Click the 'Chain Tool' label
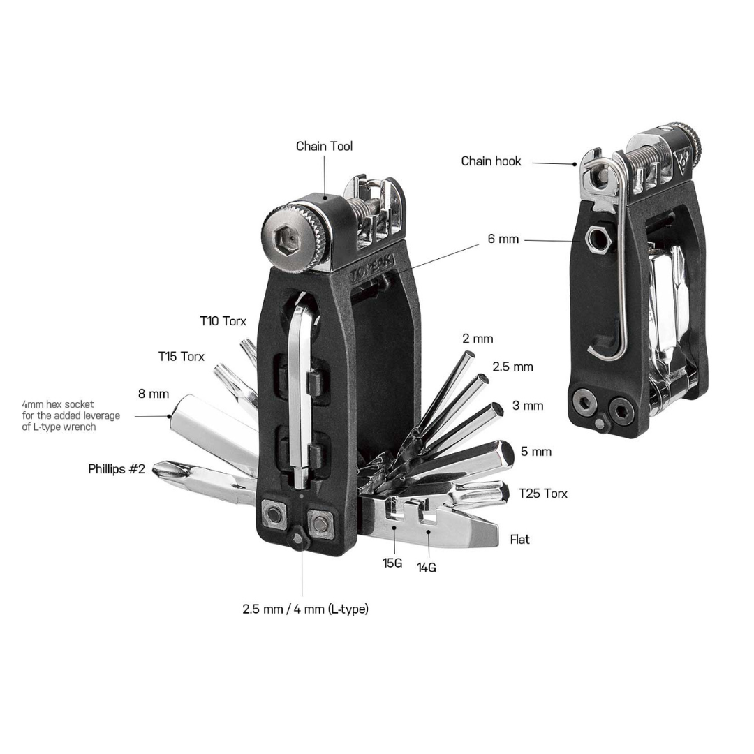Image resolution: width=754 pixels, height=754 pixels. [324, 146]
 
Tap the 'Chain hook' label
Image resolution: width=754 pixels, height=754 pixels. [491, 161]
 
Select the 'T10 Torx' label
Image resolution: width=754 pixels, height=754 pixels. [223, 320]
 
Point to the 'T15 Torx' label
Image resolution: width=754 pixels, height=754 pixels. [182, 356]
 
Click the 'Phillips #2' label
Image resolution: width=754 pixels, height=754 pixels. [117, 469]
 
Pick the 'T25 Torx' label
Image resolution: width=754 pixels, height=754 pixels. [543, 494]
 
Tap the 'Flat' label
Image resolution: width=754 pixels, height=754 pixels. [519, 540]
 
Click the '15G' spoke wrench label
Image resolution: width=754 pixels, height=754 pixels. [392, 563]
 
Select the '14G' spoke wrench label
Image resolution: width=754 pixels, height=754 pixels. [426, 568]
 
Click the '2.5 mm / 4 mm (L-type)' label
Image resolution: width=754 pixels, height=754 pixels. [305, 609]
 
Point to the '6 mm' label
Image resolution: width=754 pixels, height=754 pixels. [503, 239]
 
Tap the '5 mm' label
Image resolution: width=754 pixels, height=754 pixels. [536, 452]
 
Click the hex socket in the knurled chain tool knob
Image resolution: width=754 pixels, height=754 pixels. [283, 238]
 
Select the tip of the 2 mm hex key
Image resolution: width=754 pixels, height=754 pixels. [469, 356]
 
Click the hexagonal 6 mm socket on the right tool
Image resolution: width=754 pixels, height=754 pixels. [597, 239]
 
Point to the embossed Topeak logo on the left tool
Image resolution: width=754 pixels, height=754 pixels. [372, 270]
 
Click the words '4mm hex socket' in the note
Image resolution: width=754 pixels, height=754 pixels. [58, 404]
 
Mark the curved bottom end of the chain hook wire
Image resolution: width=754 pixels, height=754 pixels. [596, 351]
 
